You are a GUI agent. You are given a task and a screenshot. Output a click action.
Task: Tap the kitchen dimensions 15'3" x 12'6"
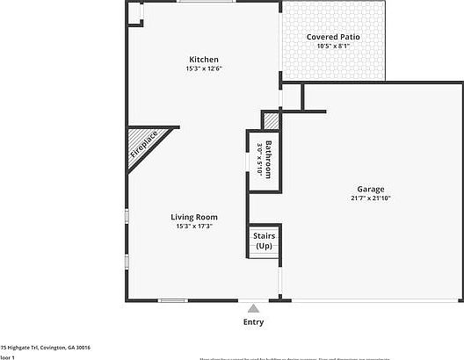pyautogui.click(x=203, y=68)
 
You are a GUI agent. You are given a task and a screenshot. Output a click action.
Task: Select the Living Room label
pyautogui.click(x=194, y=217)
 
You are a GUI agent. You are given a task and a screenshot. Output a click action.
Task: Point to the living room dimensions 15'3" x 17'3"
pyautogui.click(x=194, y=227)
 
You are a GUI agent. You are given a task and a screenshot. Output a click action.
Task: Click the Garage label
pyautogui.click(x=370, y=190)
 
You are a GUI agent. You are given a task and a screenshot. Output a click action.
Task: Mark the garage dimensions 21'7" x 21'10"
pyautogui.click(x=370, y=198)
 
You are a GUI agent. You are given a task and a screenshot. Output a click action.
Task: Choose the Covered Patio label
pyautogui.click(x=332, y=37)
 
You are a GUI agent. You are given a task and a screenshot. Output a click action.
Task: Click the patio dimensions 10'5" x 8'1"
pyautogui.click(x=332, y=46)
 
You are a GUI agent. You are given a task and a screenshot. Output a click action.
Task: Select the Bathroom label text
pyautogui.click(x=269, y=157)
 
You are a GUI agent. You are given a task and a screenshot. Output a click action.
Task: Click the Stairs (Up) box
pyautogui.click(x=264, y=241)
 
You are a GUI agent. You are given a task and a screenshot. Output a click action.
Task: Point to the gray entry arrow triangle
pyautogui.click(x=253, y=308)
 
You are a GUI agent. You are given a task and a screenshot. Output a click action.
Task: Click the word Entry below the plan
pyautogui.click(x=253, y=322)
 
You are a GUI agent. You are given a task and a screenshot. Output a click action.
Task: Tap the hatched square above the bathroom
pyautogui.click(x=272, y=120)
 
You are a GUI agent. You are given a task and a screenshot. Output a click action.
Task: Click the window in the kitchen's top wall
pyautogui.click(x=199, y=2)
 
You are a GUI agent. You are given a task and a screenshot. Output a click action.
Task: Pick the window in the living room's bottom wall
pyautogui.click(x=172, y=301)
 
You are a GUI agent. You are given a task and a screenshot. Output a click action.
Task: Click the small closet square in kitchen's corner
pyautogui.click(x=134, y=12)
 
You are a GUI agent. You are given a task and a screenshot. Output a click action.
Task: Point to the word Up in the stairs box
pyautogui.click(x=264, y=246)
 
